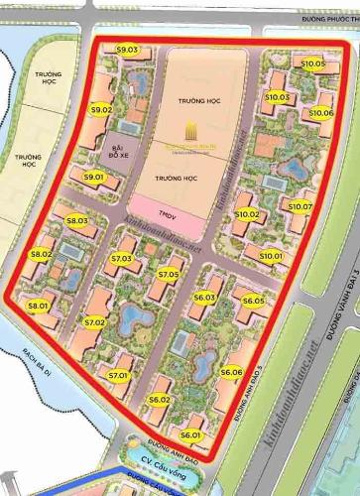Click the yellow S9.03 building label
(x=127, y=50)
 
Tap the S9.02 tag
(x=101, y=110)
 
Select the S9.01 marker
(x=94, y=177)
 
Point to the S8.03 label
(x=77, y=221)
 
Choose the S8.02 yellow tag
(x=41, y=255)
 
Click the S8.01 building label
(x=39, y=307)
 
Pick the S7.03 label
(x=122, y=259)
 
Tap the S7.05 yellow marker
(x=168, y=274)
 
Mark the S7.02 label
(x=94, y=322)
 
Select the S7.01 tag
(x=118, y=375)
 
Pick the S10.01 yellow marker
(x=271, y=256)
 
